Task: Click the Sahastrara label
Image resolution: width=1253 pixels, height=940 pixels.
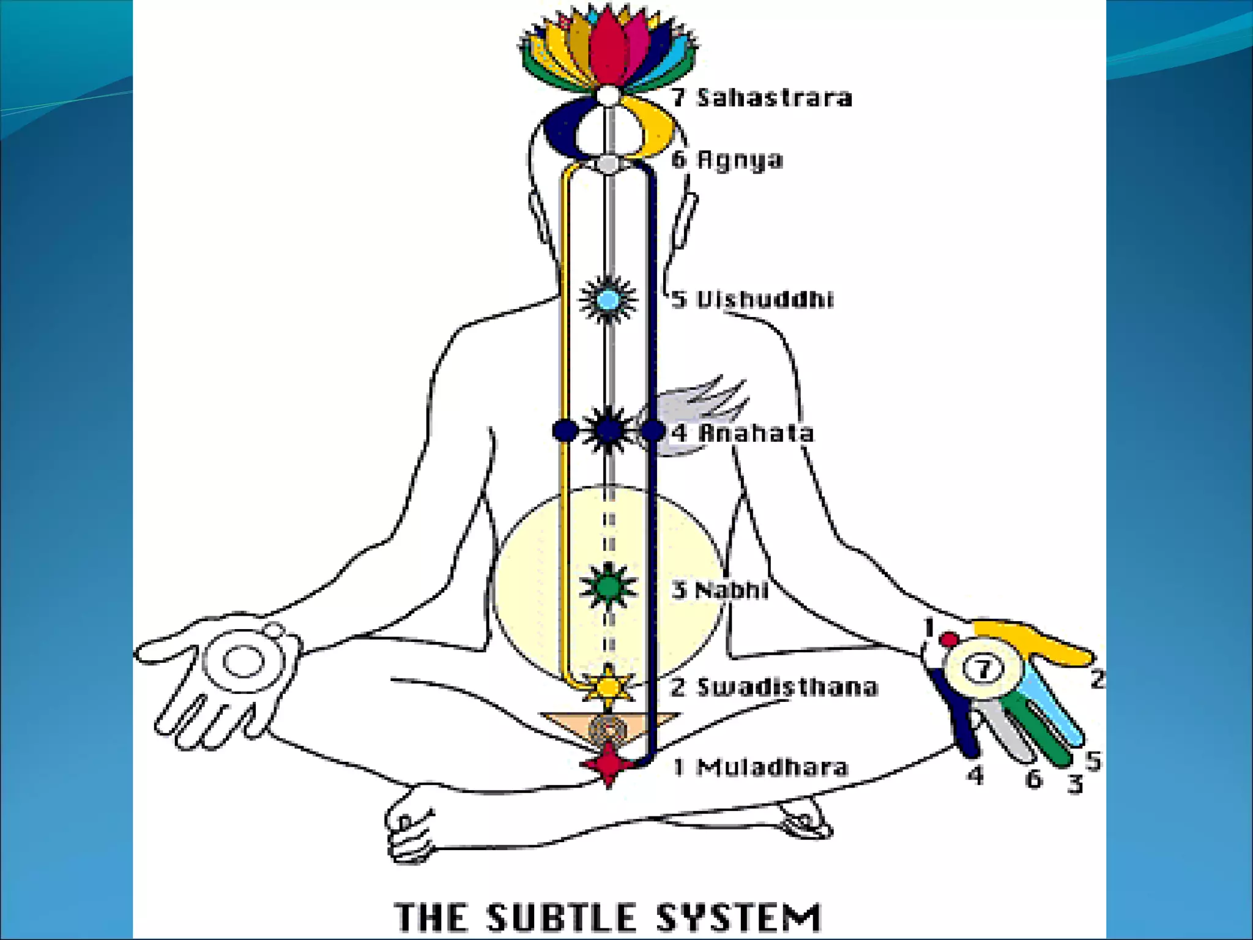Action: click(x=762, y=98)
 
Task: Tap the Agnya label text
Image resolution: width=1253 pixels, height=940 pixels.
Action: click(x=727, y=160)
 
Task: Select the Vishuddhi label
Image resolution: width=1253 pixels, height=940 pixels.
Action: click(x=753, y=300)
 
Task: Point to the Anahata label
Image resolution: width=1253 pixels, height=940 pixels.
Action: click(x=744, y=433)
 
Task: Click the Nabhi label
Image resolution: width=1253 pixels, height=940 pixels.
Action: click(x=721, y=590)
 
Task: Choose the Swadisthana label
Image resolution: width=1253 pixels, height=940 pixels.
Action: click(x=775, y=687)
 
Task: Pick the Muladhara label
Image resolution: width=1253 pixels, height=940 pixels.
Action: click(x=761, y=767)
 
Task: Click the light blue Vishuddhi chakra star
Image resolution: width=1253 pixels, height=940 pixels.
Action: click(x=608, y=300)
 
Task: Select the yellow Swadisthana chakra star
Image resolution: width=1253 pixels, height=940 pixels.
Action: click(x=608, y=687)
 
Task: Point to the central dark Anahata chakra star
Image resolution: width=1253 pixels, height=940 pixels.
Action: click(x=608, y=431)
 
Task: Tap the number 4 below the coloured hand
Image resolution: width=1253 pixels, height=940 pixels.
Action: click(x=976, y=775)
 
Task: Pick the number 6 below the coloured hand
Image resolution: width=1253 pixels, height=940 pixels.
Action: click(x=1033, y=778)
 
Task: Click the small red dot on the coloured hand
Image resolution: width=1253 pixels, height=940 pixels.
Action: click(x=950, y=640)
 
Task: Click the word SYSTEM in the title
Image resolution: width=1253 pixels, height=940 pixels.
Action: click(x=738, y=917)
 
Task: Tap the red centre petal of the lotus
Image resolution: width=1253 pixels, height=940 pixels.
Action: click(x=607, y=49)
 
